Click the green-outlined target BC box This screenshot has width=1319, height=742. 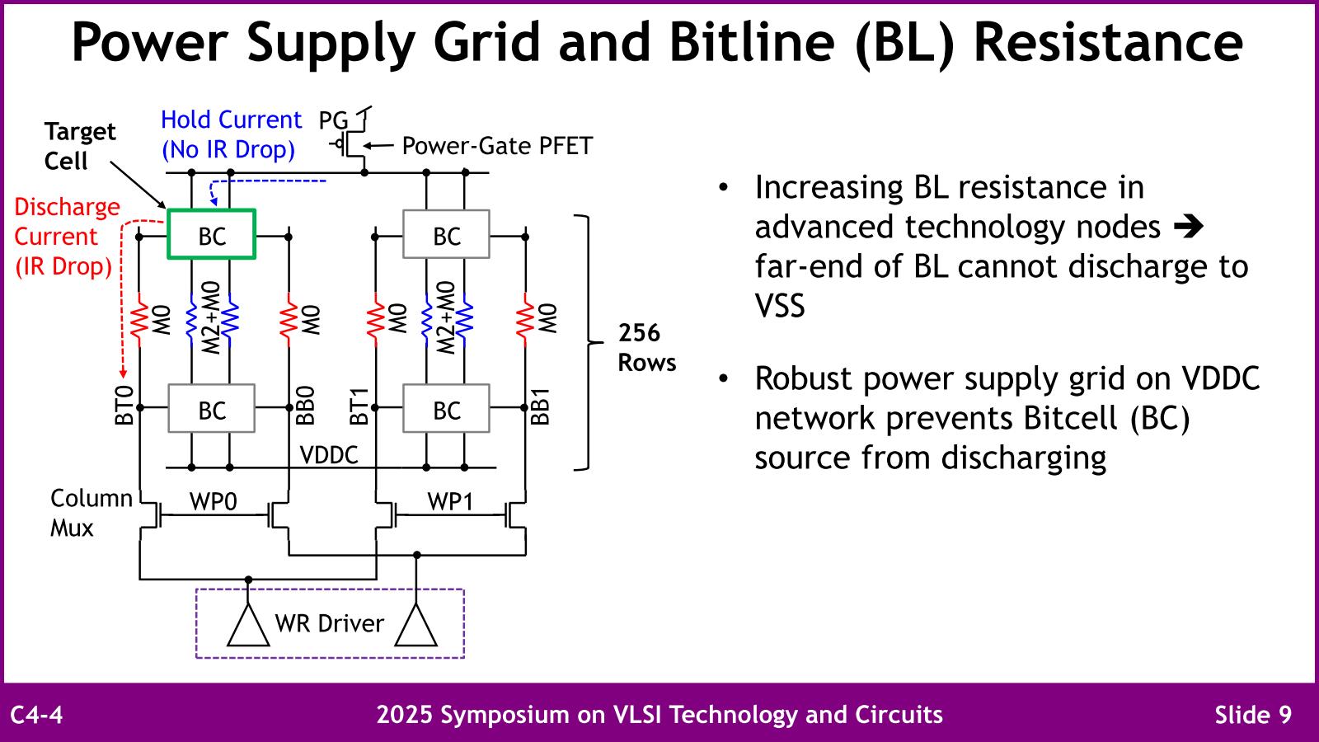pyautogui.click(x=211, y=235)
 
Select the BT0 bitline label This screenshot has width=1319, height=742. pyautogui.click(x=124, y=405)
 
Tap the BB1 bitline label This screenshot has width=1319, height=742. pyautogui.click(x=540, y=405)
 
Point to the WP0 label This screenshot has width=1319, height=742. pyautogui.click(x=213, y=501)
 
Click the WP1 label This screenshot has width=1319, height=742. pyautogui.click(x=450, y=501)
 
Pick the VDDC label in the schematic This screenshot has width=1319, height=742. pyautogui.click(x=328, y=455)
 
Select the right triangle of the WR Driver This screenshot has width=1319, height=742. pyautogui.click(x=416, y=627)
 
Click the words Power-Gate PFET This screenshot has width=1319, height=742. pyautogui.click(x=497, y=146)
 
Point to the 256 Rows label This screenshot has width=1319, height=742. pyautogui.click(x=646, y=347)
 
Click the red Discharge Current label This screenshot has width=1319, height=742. pyautogui.click(x=66, y=237)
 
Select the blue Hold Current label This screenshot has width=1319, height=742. pyautogui.click(x=230, y=134)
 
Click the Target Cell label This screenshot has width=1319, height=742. pyautogui.click(x=79, y=146)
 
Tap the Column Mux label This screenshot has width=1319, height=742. pyautogui.click(x=90, y=513)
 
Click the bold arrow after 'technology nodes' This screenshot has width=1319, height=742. pyautogui.click(x=1188, y=227)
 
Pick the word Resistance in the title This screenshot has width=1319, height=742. pyautogui.click(x=1108, y=42)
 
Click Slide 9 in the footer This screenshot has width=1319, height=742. pyautogui.click(x=1253, y=714)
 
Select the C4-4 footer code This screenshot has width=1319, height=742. pyautogui.click(x=36, y=714)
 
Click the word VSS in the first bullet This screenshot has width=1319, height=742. pyautogui.click(x=780, y=306)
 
